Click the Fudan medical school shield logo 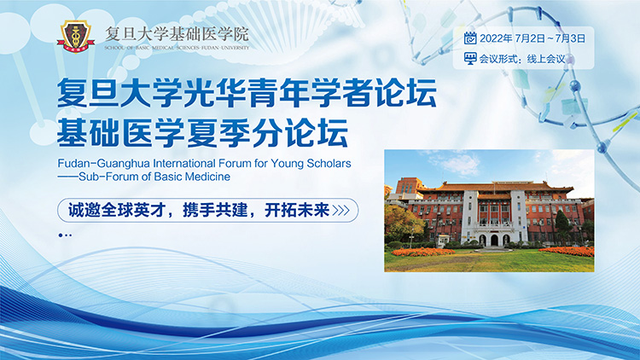click(76, 36)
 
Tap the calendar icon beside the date click(470, 38)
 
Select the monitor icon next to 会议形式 click(470, 58)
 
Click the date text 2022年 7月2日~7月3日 click(532, 38)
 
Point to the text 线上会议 click(546, 59)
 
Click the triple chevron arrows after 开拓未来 click(340, 210)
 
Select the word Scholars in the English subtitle click(329, 163)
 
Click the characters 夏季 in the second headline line click(218, 132)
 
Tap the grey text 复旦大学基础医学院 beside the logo click(177, 34)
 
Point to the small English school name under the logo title click(177, 48)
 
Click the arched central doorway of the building click(494, 240)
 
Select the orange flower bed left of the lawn click(423, 253)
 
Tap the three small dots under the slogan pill click(65, 235)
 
